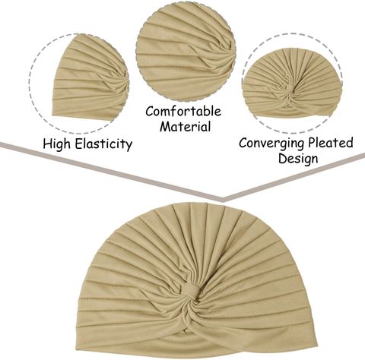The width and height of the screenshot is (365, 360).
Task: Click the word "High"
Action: pyautogui.click(x=56, y=144)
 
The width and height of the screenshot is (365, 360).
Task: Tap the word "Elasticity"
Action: pyautogui.click(x=104, y=144)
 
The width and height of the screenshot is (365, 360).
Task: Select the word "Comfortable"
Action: pyautogui.click(x=183, y=111)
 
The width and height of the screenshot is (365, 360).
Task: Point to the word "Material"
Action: pyautogui.click(x=186, y=126)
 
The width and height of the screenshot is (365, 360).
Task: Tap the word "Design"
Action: pyautogui.click(x=298, y=159)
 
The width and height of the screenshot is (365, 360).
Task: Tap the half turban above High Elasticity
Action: pyautogui.click(x=90, y=77)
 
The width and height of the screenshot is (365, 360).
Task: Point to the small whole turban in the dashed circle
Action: pyautogui.click(x=292, y=84)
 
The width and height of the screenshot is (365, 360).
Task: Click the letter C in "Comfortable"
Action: pyautogui.click(x=150, y=111)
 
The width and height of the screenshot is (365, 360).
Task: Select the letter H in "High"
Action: pyautogui.click(x=48, y=144)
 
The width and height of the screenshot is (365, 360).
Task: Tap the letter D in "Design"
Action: pyautogui.click(x=283, y=158)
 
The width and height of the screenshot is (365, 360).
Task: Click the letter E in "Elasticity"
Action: pyautogui.click(x=79, y=144)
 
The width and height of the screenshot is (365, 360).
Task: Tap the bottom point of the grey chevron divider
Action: pyautogui.click(x=222, y=200)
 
